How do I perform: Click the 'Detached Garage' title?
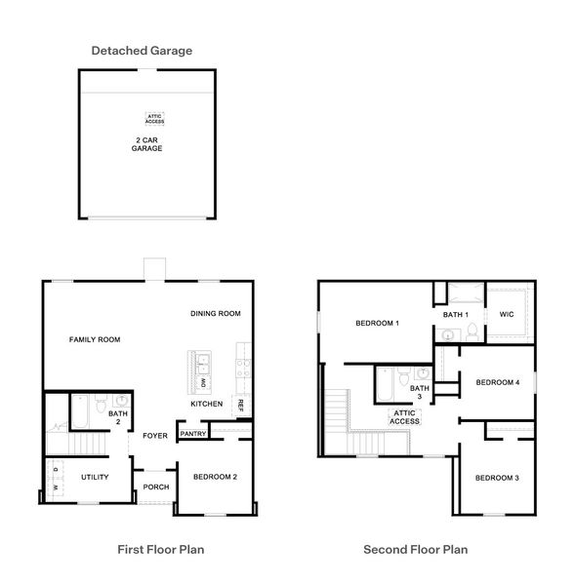pos(142,50)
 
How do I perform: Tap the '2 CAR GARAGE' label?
pos(148,145)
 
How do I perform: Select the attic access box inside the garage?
pos(154,118)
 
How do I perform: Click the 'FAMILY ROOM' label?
pos(95,339)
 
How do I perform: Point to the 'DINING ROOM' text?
pos(215,313)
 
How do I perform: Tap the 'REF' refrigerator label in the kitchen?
pos(239,403)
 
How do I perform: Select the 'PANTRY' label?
pos(192,434)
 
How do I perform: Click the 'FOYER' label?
pos(155,435)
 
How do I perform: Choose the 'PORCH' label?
pos(155,487)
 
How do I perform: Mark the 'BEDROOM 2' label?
pos(216,477)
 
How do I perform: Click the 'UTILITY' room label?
pos(95,477)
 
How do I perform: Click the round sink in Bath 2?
pos(121,400)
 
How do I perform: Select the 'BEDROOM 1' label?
pos(376,323)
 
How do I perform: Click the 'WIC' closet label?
pos(506,314)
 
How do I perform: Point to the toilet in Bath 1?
pos(471,333)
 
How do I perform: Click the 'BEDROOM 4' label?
pos(497,383)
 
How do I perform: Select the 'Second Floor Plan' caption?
pos(416,550)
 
